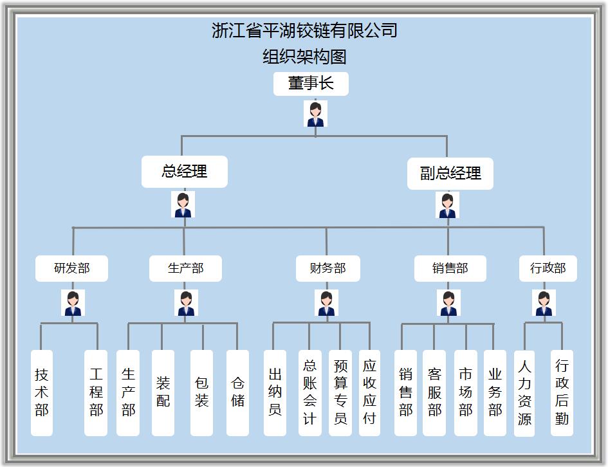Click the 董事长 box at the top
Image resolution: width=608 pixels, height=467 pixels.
tap(311, 84)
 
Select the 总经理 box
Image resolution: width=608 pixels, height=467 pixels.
tap(185, 172)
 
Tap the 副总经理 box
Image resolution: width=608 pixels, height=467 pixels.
tap(450, 174)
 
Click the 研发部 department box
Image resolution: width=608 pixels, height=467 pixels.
tap(71, 268)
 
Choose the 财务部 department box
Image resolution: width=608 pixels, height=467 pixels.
tap(327, 268)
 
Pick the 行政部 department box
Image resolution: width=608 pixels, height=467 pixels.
tap(548, 268)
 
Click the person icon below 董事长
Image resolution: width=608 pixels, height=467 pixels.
tap(315, 114)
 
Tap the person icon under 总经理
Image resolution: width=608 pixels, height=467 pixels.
tap(183, 205)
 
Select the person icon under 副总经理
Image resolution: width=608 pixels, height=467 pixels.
tap(448, 205)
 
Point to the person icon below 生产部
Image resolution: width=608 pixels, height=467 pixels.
tap(186, 303)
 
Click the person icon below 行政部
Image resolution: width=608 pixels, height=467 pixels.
tap(544, 303)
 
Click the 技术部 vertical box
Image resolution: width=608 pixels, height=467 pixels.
tap(42, 392)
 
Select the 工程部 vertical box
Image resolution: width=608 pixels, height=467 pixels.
tap(96, 392)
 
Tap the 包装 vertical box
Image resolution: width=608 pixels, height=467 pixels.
tap(201, 392)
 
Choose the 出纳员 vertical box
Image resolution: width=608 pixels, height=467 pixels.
tap(275, 392)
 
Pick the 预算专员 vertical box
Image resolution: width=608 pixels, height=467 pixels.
tap(340, 392)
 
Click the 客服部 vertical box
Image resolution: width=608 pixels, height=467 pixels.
tap(434, 392)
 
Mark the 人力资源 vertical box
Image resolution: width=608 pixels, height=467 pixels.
tap(524, 392)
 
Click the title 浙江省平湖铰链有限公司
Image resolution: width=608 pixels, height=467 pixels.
tap(304, 30)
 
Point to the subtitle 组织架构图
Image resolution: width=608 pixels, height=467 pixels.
tap(304, 57)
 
